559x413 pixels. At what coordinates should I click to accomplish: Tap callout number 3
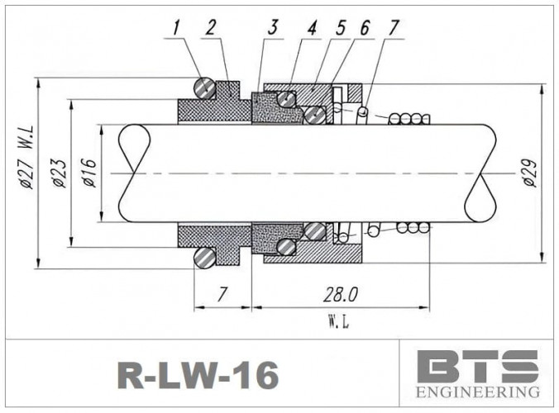tap(272, 28)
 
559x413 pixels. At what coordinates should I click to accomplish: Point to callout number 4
tap(313, 28)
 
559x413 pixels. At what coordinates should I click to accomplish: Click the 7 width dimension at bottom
tap(221, 295)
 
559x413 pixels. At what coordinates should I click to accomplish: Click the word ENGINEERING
tap(477, 391)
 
